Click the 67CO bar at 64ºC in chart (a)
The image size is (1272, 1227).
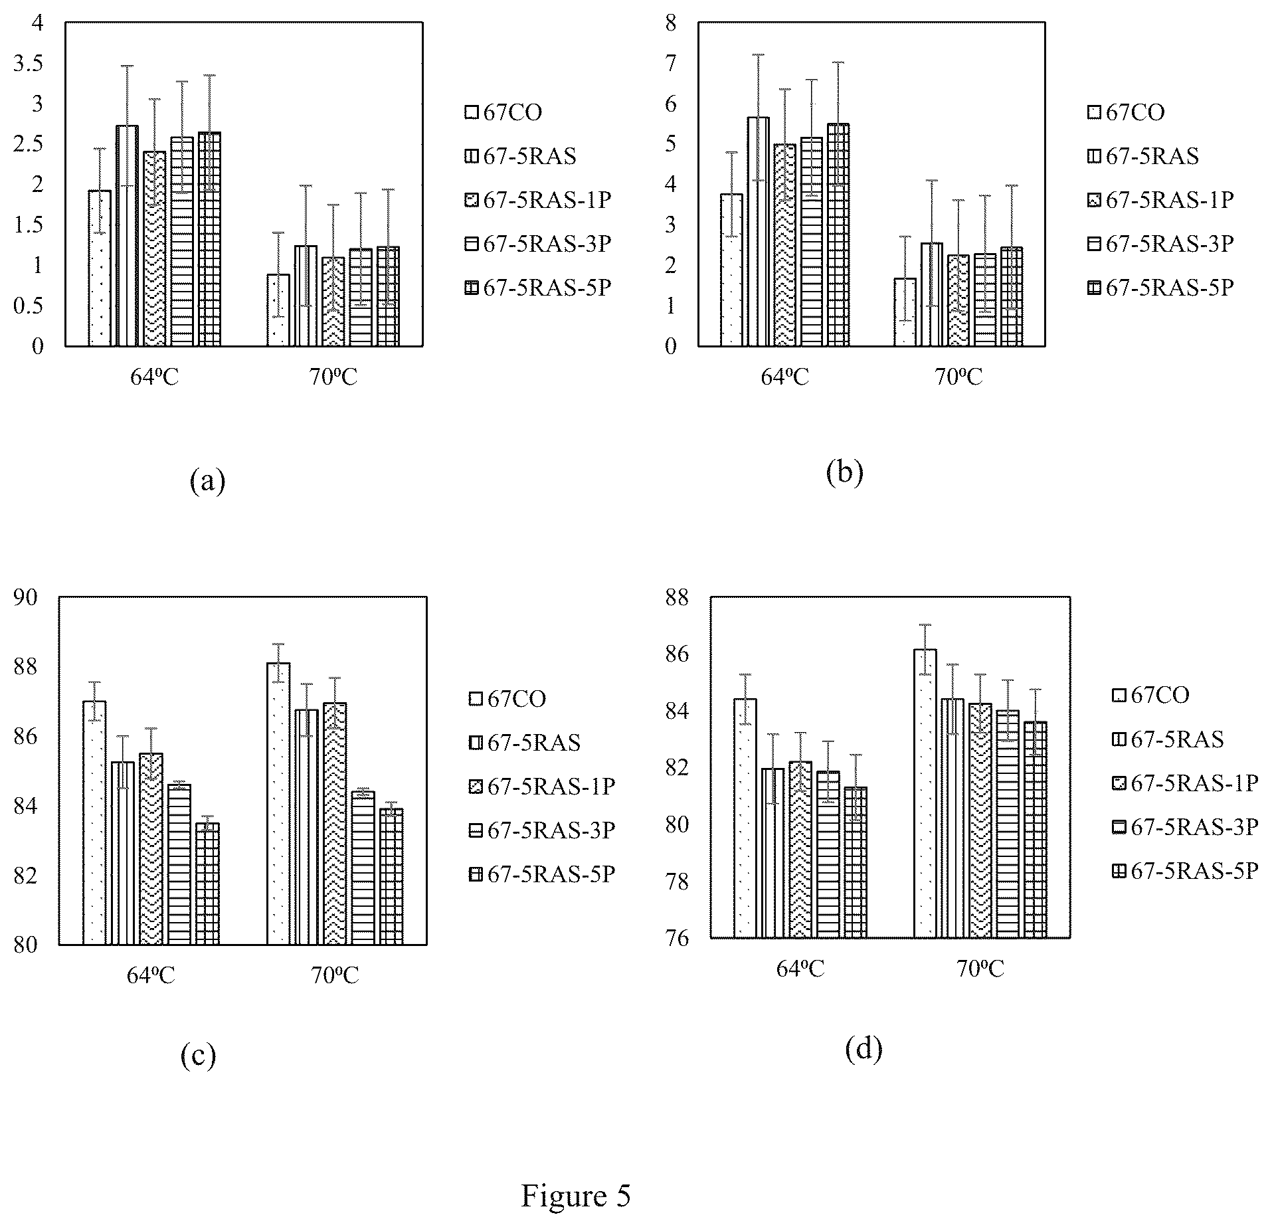coord(100,268)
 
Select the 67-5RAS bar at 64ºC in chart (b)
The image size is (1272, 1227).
coord(758,231)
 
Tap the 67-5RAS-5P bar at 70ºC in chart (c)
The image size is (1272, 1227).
coord(391,876)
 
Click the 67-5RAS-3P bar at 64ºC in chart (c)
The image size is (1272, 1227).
coord(179,864)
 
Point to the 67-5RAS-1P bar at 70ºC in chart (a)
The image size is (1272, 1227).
coord(333,302)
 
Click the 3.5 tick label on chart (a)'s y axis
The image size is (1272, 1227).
coord(28,64)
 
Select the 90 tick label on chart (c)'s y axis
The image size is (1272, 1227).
coord(26,597)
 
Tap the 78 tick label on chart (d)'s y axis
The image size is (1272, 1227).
coord(676,882)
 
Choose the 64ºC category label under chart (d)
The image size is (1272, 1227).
coord(800,969)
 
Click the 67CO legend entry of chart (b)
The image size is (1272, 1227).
coord(1126,112)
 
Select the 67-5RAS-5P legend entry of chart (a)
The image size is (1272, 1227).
coord(537,288)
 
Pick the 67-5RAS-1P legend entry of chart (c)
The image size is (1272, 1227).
coord(542,787)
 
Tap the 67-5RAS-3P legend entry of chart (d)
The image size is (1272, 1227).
coord(1186,827)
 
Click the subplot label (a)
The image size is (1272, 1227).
coord(207,480)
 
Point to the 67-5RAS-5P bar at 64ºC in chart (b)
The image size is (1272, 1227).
coord(838,235)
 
